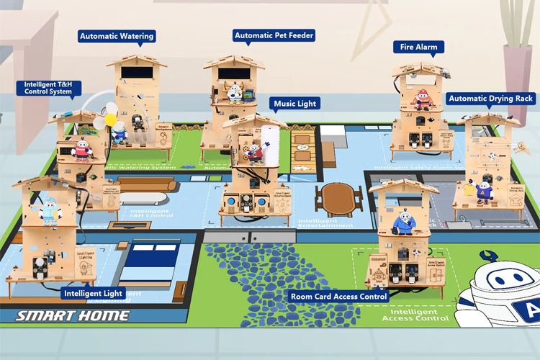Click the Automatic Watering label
click(x=117, y=36)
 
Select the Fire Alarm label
click(x=418, y=47)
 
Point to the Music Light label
click(x=295, y=104)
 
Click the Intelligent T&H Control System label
click(x=48, y=88)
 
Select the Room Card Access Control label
click(x=338, y=296)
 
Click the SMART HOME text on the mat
click(x=73, y=315)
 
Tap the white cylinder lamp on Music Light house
click(x=271, y=140)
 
